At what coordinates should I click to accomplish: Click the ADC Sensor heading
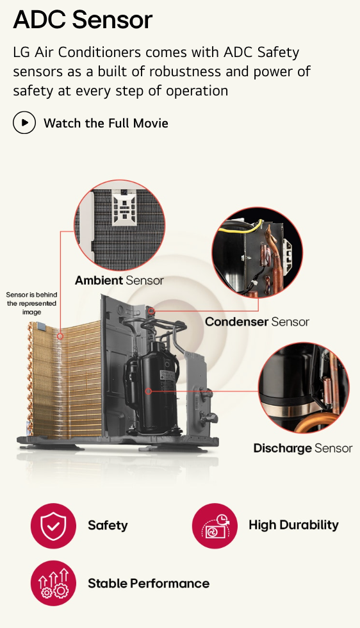pos(83,19)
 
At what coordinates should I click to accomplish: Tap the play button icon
pos(24,122)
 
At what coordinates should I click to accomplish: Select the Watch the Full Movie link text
pos(106,123)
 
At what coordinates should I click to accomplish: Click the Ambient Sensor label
pos(119,281)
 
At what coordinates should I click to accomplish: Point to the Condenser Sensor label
pos(257,322)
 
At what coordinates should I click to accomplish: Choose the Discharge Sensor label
pos(303,448)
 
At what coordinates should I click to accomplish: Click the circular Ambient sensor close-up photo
pos(119,225)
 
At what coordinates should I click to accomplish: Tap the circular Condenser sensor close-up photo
pos(258,252)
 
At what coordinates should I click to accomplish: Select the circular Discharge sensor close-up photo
pos(304,388)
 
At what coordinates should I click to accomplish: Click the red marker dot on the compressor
pos(148,391)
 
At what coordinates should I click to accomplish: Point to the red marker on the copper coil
pos(60,336)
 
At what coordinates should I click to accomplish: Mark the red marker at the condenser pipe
pos(151,311)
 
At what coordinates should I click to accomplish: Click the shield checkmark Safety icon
pos(53,526)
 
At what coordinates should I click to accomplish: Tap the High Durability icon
pos(215,526)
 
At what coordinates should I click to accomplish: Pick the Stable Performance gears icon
pos(53,583)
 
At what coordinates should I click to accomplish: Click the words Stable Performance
pos(149,583)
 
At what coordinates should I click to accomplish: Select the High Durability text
pos(293,525)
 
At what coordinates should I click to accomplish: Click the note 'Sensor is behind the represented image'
pos(31,303)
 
